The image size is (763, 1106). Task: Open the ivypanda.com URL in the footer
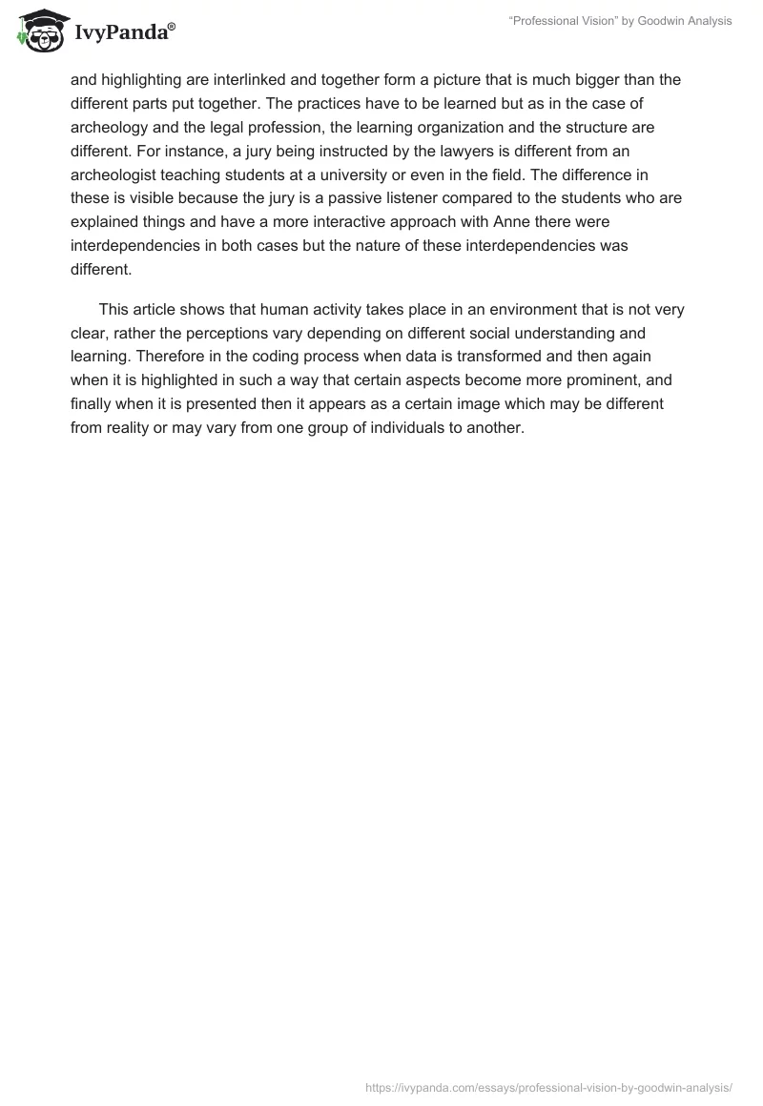[x=549, y=1086]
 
